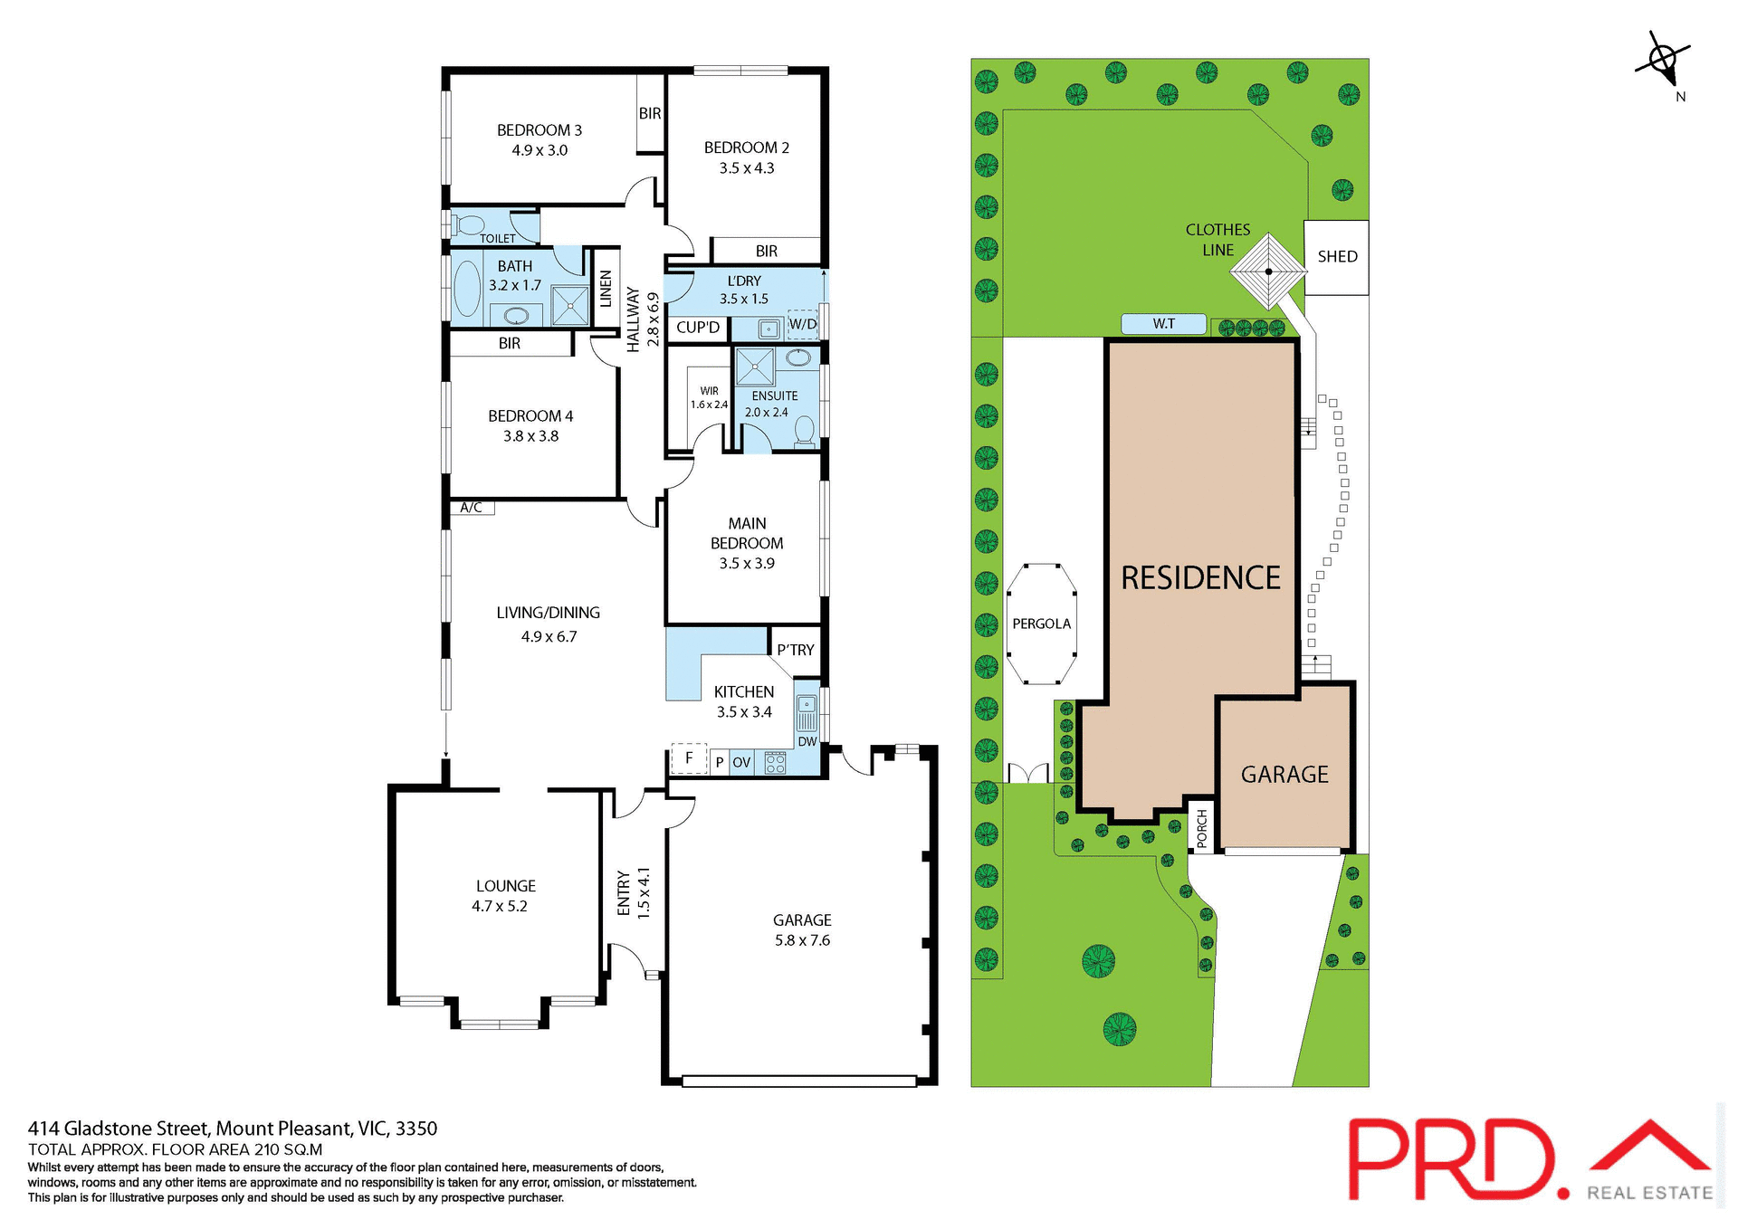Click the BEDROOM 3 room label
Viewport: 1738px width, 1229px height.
click(540, 130)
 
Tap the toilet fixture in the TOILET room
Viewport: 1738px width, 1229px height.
click(469, 224)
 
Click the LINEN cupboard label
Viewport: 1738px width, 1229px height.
click(606, 289)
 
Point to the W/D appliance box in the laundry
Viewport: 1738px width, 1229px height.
click(802, 324)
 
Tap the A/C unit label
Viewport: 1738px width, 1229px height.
click(471, 508)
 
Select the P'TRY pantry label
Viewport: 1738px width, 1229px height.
click(796, 650)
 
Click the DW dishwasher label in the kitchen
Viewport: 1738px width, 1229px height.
click(807, 741)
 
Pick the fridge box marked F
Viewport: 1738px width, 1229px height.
click(689, 758)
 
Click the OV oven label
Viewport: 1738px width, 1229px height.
click(741, 763)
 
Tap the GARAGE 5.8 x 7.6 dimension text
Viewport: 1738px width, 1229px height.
click(802, 940)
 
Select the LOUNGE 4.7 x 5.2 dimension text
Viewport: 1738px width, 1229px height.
click(500, 906)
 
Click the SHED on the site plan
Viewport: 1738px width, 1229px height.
click(1336, 257)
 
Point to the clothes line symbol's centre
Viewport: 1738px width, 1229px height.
click(1268, 272)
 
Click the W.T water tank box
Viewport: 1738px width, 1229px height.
click(1163, 324)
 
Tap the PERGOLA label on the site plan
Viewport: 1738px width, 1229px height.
click(1041, 624)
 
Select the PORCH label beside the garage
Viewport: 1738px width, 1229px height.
click(1201, 828)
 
